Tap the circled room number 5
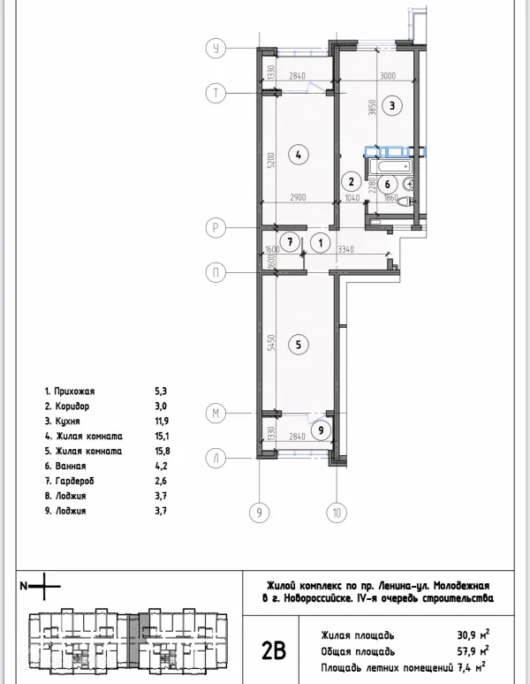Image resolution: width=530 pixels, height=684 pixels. coord(299,345)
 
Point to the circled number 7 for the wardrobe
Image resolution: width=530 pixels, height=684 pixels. coord(288,241)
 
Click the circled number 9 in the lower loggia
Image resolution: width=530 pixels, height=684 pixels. coord(322,430)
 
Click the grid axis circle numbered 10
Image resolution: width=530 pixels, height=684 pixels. coord(336,511)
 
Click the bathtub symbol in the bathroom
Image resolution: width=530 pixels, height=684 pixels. coord(390,166)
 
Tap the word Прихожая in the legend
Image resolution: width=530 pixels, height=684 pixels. coord(74,390)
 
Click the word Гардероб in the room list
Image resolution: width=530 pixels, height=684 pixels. coord(74,481)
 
